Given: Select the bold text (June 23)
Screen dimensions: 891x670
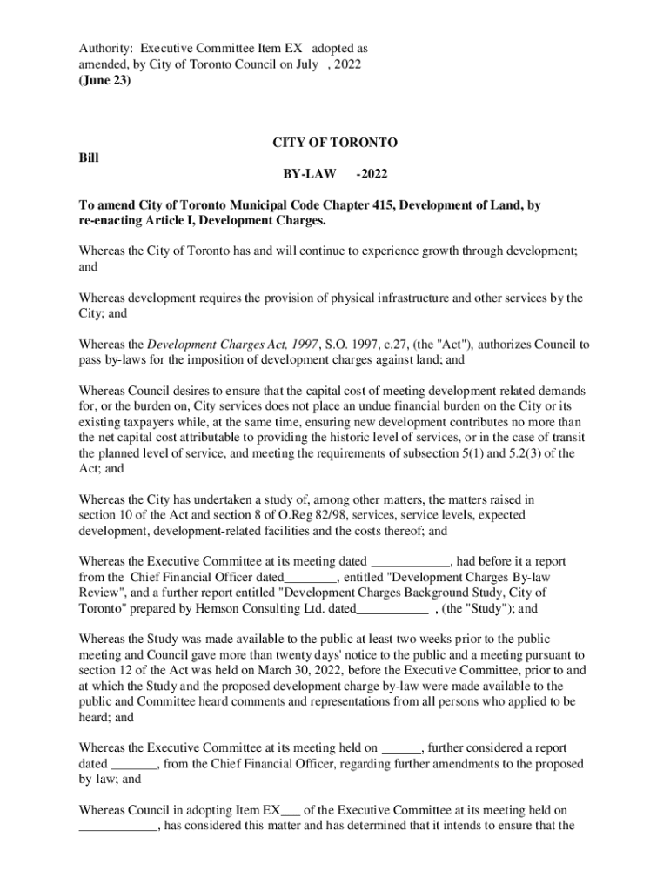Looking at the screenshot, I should click(x=104, y=80).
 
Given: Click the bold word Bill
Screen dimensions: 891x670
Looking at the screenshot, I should click(x=89, y=157).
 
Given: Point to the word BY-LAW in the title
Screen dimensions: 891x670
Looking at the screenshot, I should click(x=304, y=174).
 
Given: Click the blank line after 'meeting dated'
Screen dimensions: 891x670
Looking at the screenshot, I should click(x=411, y=561).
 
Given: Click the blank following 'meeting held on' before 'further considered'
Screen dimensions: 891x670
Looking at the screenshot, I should click(x=401, y=747).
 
